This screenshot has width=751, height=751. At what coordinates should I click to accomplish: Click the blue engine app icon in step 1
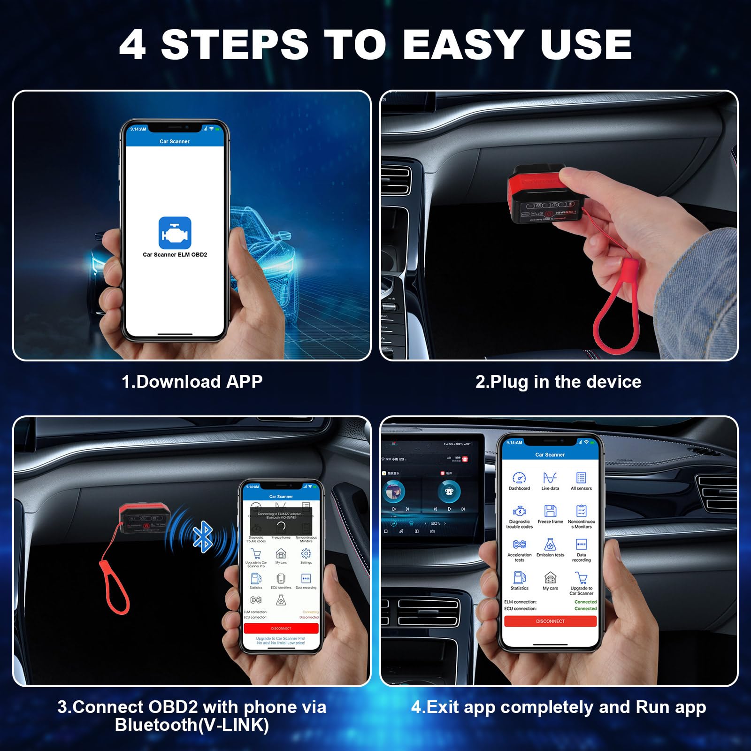point(175,233)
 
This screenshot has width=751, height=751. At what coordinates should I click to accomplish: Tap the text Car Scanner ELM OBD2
point(175,255)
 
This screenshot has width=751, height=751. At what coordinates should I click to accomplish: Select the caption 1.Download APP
point(192,382)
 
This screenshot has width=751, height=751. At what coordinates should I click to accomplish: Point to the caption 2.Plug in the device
point(558,382)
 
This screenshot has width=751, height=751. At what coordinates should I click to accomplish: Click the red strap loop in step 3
point(115,587)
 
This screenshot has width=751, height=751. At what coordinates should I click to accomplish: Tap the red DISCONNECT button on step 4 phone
point(550,621)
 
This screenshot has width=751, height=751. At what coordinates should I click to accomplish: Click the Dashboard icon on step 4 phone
point(519,478)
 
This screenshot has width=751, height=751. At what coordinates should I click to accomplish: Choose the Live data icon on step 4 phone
point(550,478)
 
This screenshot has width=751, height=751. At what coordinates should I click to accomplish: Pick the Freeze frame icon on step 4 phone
point(550,511)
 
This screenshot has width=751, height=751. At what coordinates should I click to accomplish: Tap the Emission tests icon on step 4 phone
point(550,544)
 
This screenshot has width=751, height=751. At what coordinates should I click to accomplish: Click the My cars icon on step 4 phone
point(550,578)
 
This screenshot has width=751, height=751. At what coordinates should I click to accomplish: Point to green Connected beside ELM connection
point(585,602)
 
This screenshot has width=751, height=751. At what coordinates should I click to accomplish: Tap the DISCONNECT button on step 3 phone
point(281,628)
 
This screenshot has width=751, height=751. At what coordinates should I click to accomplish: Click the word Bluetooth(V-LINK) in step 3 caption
point(192,725)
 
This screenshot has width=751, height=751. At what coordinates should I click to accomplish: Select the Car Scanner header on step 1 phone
point(175,141)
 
